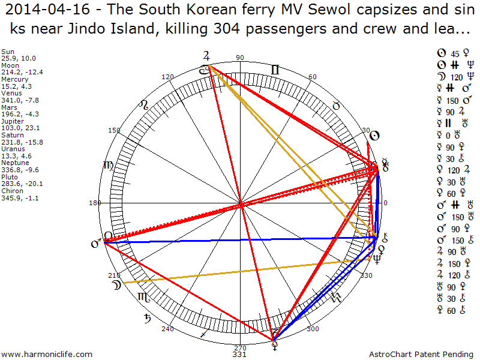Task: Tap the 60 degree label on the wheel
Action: [x=312, y=77]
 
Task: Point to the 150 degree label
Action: [x=114, y=130]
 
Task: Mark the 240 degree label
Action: [x=167, y=329]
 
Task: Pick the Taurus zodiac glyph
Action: [x=337, y=106]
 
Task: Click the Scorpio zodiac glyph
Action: [x=143, y=296]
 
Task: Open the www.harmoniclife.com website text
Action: [x=47, y=354]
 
